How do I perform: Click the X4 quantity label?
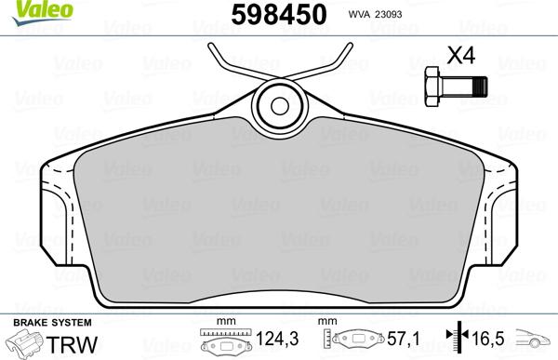[461, 55]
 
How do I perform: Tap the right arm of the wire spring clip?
[330, 63]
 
